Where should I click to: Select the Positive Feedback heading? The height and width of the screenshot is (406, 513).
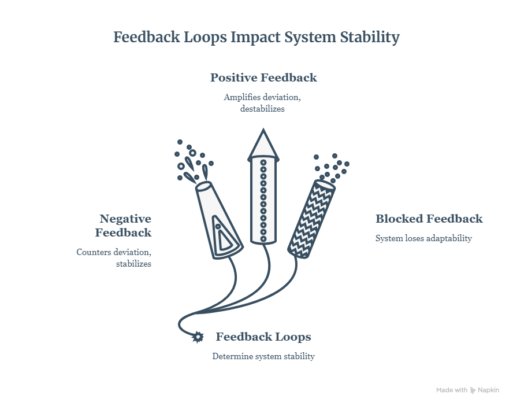pos(263,77)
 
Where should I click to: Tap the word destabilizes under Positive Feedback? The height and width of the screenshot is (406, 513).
pos(262,109)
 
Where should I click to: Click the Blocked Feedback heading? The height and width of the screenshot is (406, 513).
pos(429,219)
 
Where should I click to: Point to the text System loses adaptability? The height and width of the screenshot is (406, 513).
pos(423,238)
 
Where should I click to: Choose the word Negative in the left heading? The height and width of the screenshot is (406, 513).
pos(125,219)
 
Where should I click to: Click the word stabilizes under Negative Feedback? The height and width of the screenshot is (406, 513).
pos(133,264)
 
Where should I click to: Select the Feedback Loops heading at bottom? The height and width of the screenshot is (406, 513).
pos(263,337)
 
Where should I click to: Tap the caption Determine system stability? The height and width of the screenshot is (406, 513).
pos(263,356)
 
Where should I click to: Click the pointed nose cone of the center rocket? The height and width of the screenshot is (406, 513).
pos(263,144)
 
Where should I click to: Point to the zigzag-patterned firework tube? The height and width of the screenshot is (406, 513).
pos(311,219)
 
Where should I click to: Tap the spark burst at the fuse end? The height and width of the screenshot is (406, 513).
pos(197,337)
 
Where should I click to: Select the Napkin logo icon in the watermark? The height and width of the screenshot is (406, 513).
pos(473,390)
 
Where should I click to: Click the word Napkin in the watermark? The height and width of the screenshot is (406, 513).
pos(489,390)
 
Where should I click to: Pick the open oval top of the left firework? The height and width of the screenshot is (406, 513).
pos(204,186)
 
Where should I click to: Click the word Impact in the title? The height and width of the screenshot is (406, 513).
pos(255,38)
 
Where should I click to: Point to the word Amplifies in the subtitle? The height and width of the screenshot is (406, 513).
pos(242,97)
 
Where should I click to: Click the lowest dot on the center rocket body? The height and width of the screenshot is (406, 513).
pos(263,239)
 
